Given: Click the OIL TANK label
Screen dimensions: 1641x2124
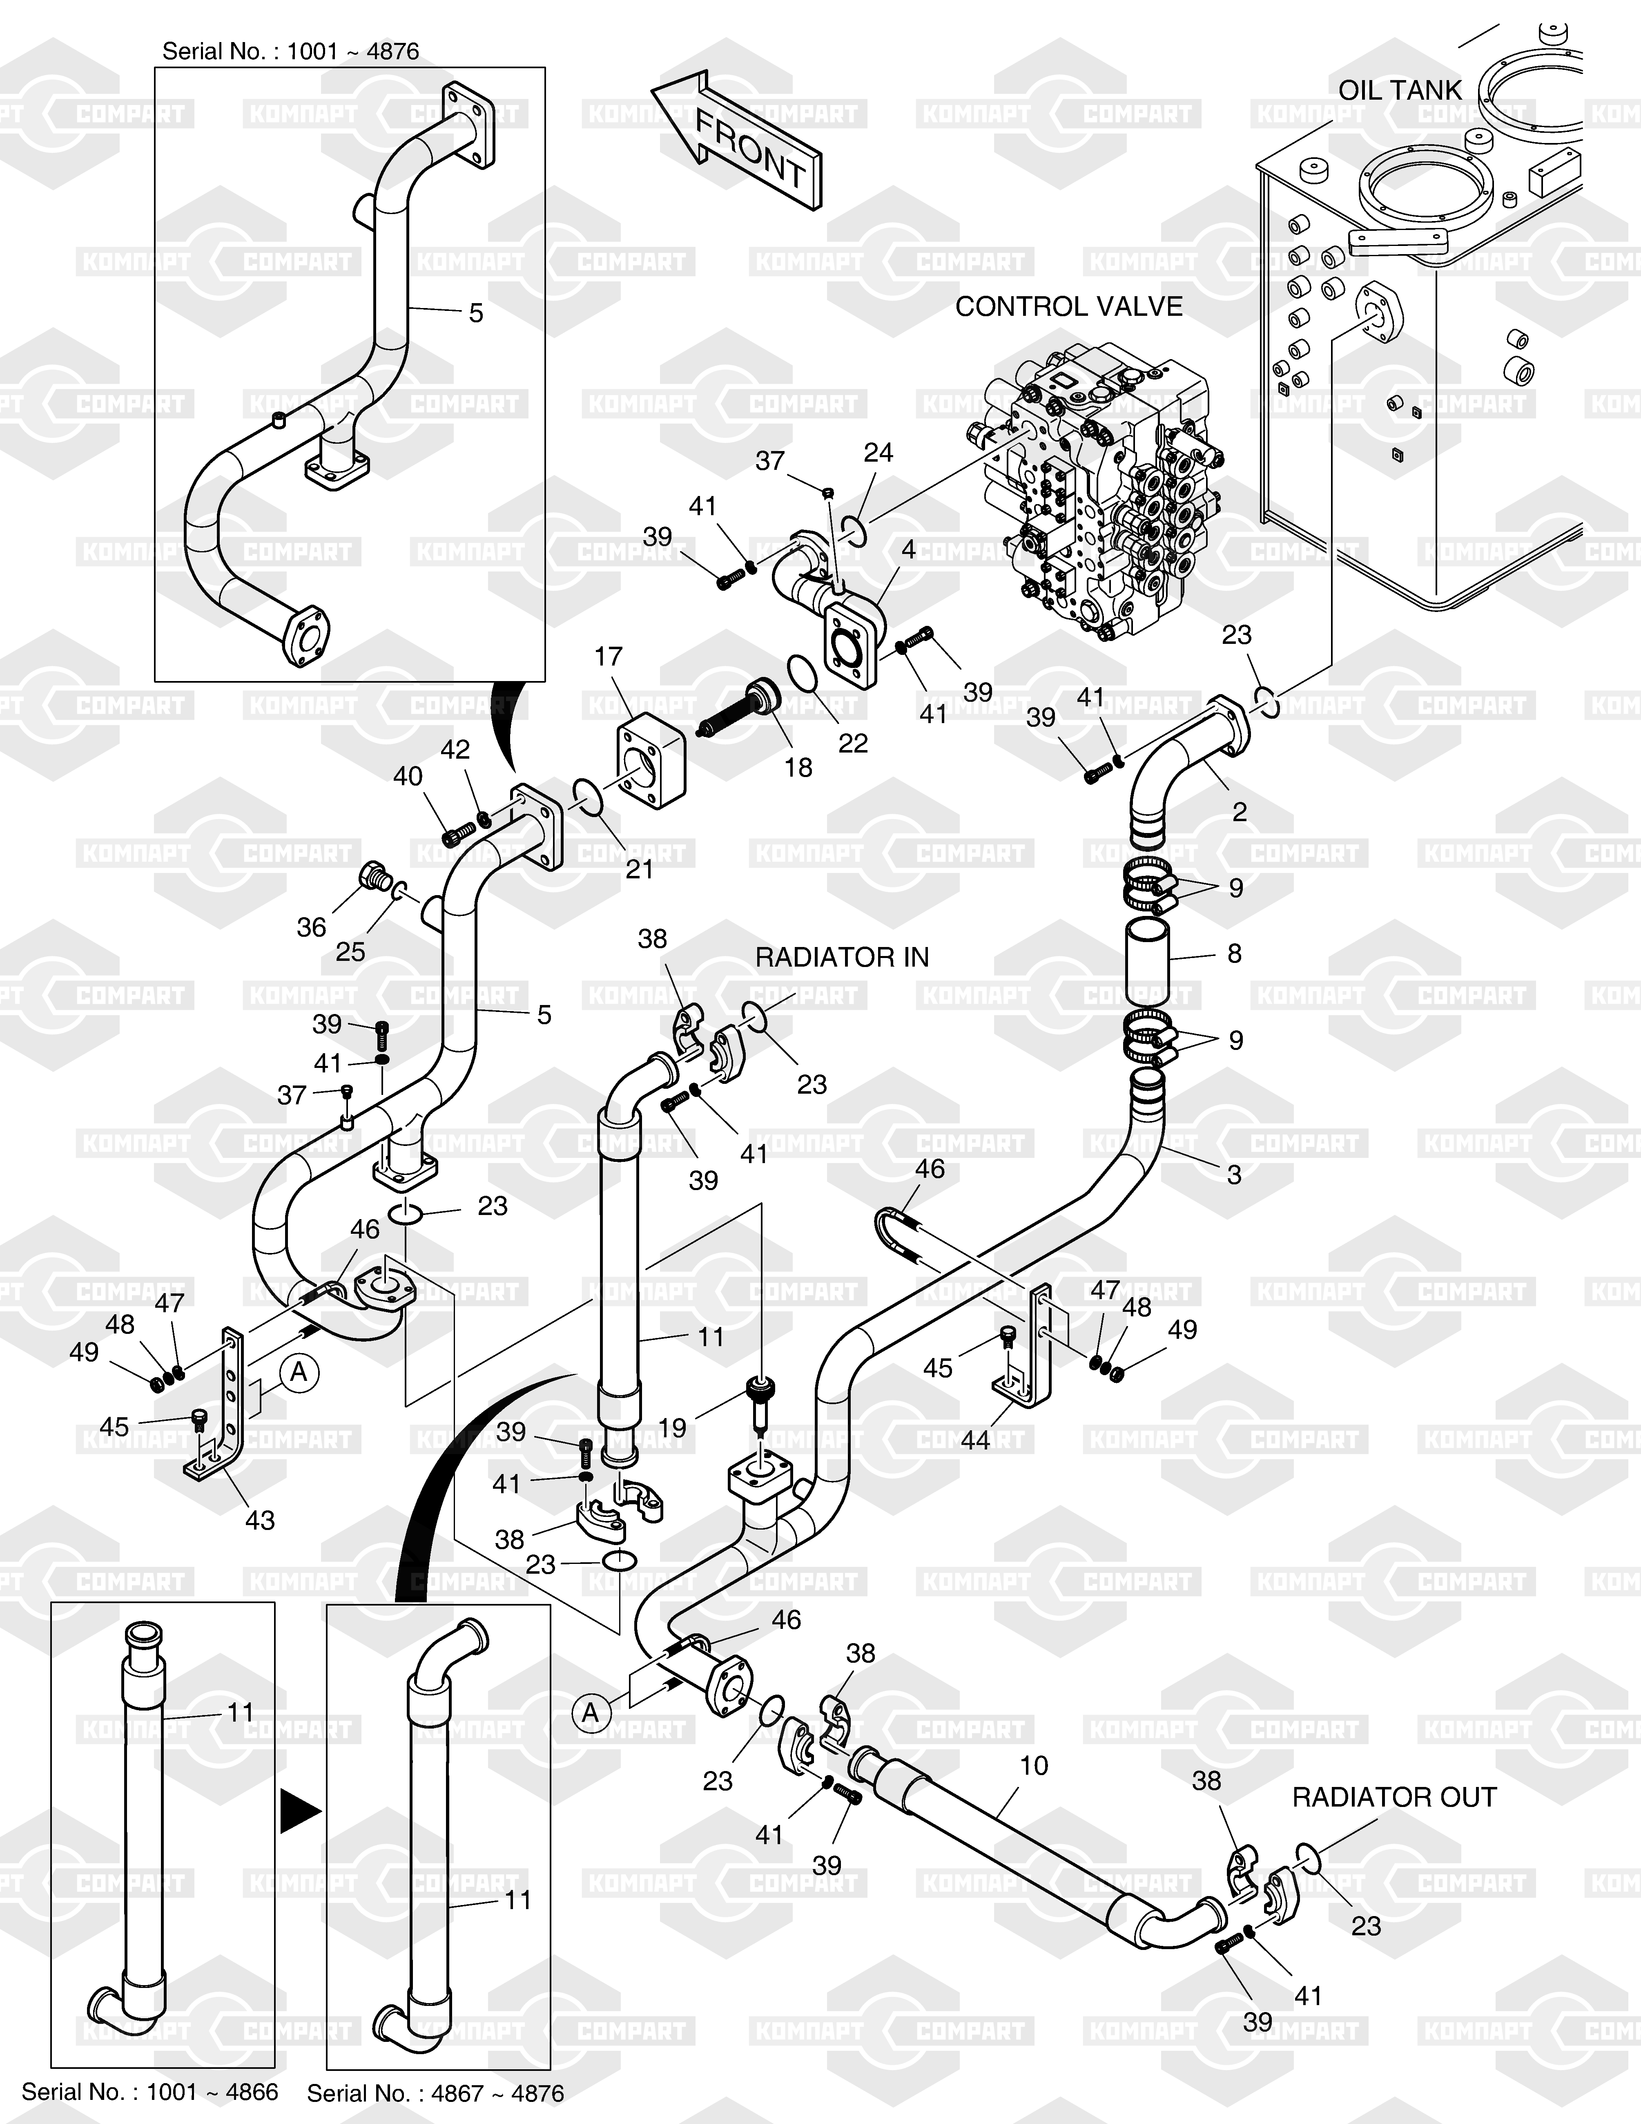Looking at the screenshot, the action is pyautogui.click(x=1400, y=90).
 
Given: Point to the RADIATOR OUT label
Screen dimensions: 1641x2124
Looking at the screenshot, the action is pyautogui.click(x=1394, y=1797).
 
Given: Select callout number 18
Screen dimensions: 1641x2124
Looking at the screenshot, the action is pyautogui.click(x=798, y=767).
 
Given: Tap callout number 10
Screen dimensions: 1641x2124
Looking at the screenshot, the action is pyautogui.click(x=1033, y=1765).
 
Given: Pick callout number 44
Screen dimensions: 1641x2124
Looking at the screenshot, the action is pyautogui.click(x=975, y=1439).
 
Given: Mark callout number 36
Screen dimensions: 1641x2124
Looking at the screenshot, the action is pyautogui.click(x=311, y=927).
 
